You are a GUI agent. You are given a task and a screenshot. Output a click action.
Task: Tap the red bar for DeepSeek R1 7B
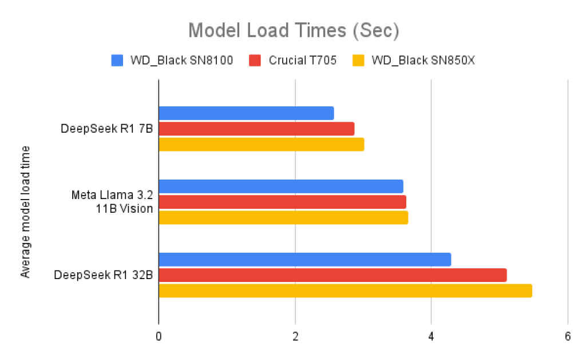pyautogui.click(x=256, y=129)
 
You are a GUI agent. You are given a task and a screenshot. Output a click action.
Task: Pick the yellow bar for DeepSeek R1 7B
pyautogui.click(x=261, y=144)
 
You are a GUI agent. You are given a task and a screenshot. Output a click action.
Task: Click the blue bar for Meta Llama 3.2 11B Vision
pyautogui.click(x=281, y=186)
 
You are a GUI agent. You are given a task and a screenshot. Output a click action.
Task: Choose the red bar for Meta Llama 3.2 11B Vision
pyautogui.click(x=282, y=202)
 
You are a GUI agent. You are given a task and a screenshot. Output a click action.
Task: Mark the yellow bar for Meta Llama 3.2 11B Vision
pyautogui.click(x=283, y=217)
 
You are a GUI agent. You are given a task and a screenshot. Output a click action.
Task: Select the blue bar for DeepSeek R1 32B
pyautogui.click(x=305, y=260)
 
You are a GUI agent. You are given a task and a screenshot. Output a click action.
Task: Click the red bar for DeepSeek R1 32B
pyautogui.click(x=332, y=275)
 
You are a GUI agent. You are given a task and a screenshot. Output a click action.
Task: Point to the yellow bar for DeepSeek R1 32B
pyautogui.click(x=345, y=291)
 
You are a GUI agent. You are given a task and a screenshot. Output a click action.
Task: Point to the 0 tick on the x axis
pyautogui.click(x=159, y=336)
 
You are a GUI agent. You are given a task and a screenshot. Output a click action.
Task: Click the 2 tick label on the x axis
pyautogui.click(x=295, y=336)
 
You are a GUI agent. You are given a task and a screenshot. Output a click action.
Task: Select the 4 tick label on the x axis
pyautogui.click(x=431, y=336)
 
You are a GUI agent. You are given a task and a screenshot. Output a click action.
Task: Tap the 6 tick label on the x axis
pyautogui.click(x=567, y=336)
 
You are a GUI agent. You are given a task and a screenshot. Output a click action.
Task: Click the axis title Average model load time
pyautogui.click(x=25, y=212)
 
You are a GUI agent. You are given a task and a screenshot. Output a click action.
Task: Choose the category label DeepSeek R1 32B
pyautogui.click(x=104, y=275)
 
